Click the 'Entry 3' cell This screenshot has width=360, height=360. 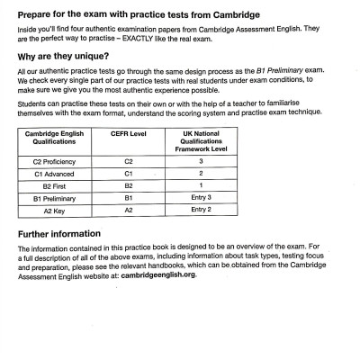[x=201, y=196]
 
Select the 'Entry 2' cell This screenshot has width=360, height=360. [x=201, y=209]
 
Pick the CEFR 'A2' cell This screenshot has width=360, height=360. [x=128, y=209]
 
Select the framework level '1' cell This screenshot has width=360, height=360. [x=201, y=184]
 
